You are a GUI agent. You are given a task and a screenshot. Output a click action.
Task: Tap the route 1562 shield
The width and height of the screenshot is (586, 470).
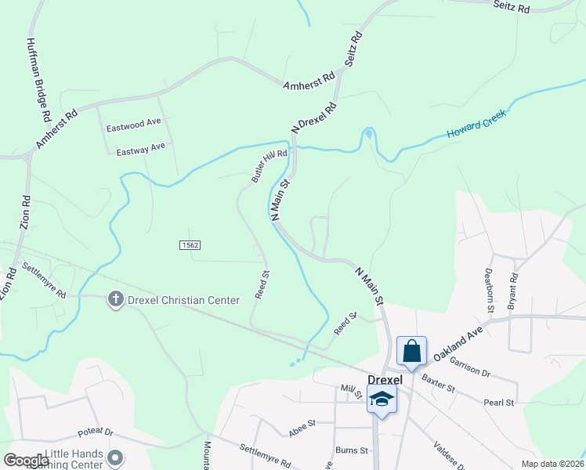pyautogui.click(x=190, y=245)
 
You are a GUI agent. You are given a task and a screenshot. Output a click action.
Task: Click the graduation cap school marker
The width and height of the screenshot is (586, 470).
pyautogui.click(x=382, y=400)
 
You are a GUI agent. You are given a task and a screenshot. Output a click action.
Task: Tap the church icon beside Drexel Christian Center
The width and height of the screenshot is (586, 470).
pyautogui.click(x=115, y=299)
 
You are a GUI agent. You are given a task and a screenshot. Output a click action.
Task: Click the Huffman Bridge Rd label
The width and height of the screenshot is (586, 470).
pyautogui.click(x=38, y=81)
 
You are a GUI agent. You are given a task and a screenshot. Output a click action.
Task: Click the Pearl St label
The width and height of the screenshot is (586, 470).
pyautogui.click(x=498, y=403)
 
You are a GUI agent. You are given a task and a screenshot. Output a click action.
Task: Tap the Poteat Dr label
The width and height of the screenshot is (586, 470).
pyautogui.click(x=96, y=432)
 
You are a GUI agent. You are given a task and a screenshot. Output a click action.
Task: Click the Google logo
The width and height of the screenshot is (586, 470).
pyautogui.click(x=27, y=460)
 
